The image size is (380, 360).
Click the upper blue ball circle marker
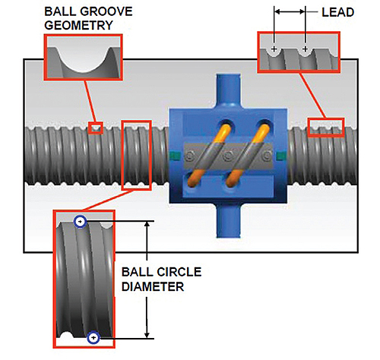coord(81,221)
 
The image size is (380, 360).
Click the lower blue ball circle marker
coord(93,338)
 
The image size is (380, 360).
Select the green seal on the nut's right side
coord(281,156)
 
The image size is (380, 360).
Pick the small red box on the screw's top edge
coord(95,128)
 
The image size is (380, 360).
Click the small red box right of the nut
coord(326,126)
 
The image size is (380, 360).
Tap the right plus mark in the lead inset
coord(306,49)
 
